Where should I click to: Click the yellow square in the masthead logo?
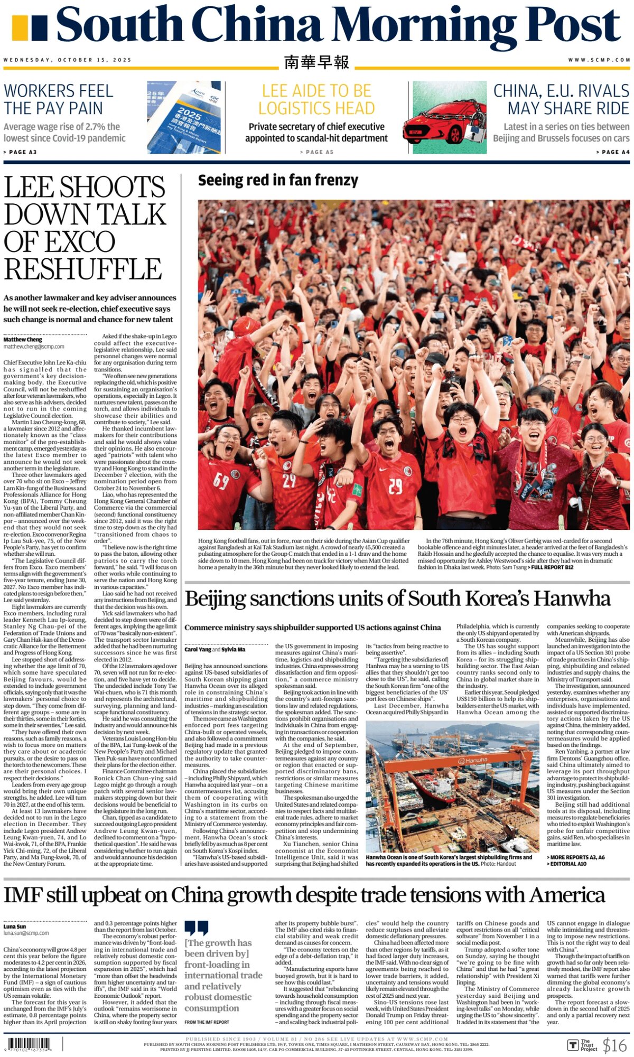20,28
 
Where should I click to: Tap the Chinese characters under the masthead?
316,62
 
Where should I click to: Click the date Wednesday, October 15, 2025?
67,60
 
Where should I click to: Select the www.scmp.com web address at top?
599,60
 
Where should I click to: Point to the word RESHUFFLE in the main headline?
83,269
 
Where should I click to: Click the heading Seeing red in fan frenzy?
278,181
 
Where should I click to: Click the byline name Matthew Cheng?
23,340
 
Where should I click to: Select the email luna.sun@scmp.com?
26,933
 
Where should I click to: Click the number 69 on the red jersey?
221,480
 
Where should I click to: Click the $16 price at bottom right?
614,1045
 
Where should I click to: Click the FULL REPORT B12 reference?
552,567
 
